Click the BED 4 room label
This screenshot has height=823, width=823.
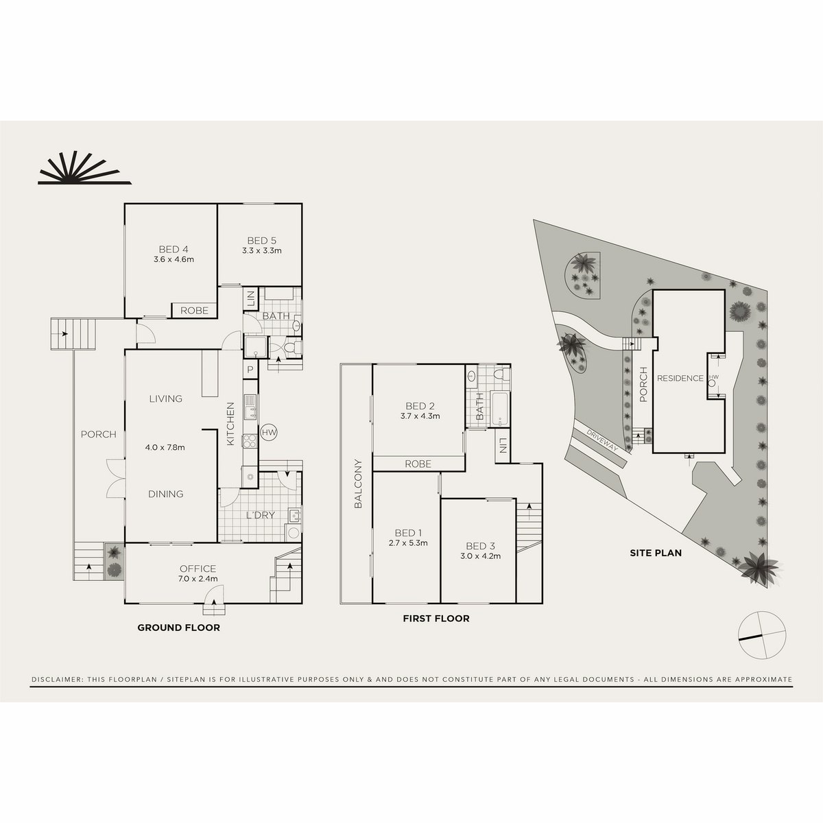tap(173, 249)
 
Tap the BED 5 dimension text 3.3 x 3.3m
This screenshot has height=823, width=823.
tap(261, 251)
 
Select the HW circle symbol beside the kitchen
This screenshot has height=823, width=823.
tap(269, 433)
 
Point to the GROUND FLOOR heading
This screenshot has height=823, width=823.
tap(178, 628)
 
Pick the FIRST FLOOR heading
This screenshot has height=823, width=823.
tap(436, 619)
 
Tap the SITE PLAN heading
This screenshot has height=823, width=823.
tap(656, 552)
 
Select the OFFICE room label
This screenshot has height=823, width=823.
tap(198, 569)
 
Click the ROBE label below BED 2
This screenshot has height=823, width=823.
tap(418, 464)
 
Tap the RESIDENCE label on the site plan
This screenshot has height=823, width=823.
tap(680, 378)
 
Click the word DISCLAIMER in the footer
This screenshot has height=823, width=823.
tap(57, 680)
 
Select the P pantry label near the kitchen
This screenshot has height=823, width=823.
tap(249, 369)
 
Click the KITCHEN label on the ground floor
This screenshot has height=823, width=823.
tap(230, 424)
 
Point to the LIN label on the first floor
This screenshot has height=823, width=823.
tap(503, 446)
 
